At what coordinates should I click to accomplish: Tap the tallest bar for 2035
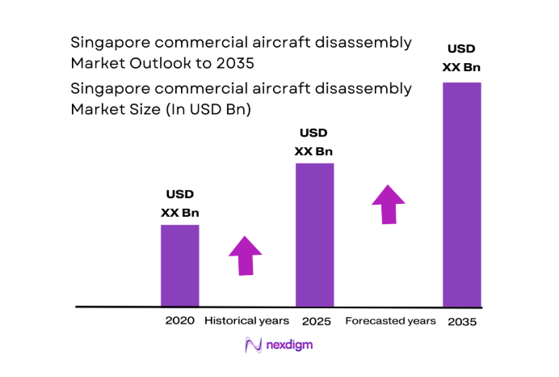(x=462, y=194)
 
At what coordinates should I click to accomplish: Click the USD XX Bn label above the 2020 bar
(x=179, y=203)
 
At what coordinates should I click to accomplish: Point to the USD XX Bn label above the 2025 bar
(x=313, y=142)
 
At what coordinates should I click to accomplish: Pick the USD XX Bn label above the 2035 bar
(x=462, y=57)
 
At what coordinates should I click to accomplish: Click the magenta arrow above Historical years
(x=246, y=256)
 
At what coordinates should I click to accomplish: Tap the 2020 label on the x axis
(x=179, y=321)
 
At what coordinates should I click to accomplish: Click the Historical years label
(x=246, y=321)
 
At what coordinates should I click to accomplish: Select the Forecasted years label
(x=390, y=321)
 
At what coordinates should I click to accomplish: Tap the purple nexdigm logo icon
(x=253, y=345)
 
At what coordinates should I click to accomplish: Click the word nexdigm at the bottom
(x=290, y=345)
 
